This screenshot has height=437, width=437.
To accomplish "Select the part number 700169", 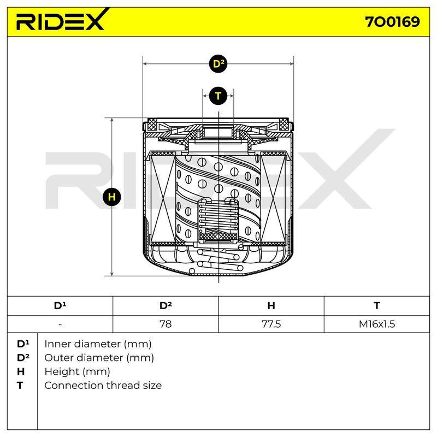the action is click(392, 22).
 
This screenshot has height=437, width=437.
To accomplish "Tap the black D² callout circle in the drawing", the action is click(218, 64).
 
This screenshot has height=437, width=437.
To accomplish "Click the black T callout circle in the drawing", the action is click(218, 96).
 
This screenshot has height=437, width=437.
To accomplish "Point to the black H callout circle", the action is click(112, 197).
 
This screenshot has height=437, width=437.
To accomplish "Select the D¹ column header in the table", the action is click(60, 306).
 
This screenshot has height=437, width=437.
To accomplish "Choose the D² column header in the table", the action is click(166, 306).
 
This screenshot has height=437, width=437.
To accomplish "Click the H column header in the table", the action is click(271, 306).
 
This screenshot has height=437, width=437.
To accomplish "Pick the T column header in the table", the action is click(377, 306).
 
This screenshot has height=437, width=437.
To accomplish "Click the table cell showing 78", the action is click(166, 324).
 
